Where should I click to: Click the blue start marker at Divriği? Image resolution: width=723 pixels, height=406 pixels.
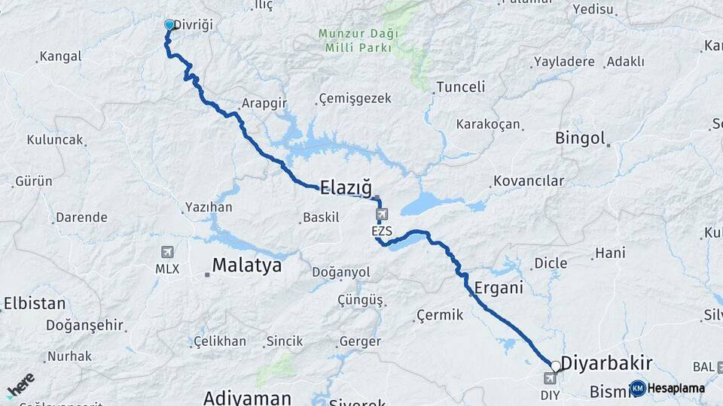coord(169,25)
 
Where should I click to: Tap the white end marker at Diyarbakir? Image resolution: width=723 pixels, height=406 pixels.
coord(556,366)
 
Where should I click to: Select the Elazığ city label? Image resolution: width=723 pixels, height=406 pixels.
coord(346,187)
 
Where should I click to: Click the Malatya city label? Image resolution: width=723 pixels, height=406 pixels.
coord(247,265)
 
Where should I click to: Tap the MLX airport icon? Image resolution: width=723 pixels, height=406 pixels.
coord(167,253)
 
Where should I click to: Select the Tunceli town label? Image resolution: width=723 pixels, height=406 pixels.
coord(460,86)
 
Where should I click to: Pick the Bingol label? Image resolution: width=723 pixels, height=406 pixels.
coord(580,138)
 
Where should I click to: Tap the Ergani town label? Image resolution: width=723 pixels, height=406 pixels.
coord(499,287)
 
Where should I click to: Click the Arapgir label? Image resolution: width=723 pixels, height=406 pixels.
coord(261,104)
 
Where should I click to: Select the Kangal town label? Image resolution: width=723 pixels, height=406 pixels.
coord(60,56)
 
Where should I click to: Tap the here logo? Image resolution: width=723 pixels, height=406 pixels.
coord(20,386)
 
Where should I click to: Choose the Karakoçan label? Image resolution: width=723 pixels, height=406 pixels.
coord(488,124)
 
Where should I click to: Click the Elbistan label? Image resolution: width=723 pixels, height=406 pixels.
coord(35,304)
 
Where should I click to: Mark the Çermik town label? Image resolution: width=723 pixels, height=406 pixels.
coord(441,315)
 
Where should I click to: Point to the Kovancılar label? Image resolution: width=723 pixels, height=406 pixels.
coord(529,181)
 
